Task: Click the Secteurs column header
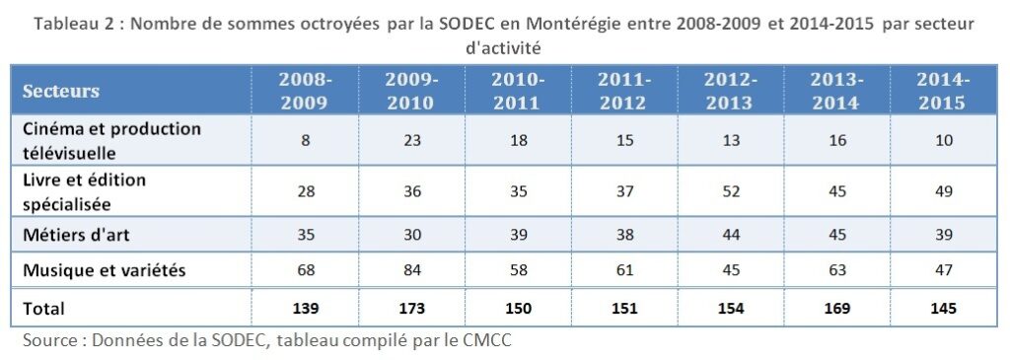tap(61, 91)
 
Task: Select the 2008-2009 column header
tap(305, 91)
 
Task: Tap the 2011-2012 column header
tap(624, 91)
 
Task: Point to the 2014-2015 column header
tap(943, 91)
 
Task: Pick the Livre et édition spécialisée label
tap(84, 190)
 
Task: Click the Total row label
tap(43, 309)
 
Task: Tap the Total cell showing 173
tap(411, 309)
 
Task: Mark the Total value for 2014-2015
tap(943, 309)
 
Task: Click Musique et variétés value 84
tap(411, 270)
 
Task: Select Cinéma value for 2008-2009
tap(305, 140)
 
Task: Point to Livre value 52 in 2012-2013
tap(731, 190)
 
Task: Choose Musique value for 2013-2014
tap(836, 270)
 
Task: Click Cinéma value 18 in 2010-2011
tap(518, 140)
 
